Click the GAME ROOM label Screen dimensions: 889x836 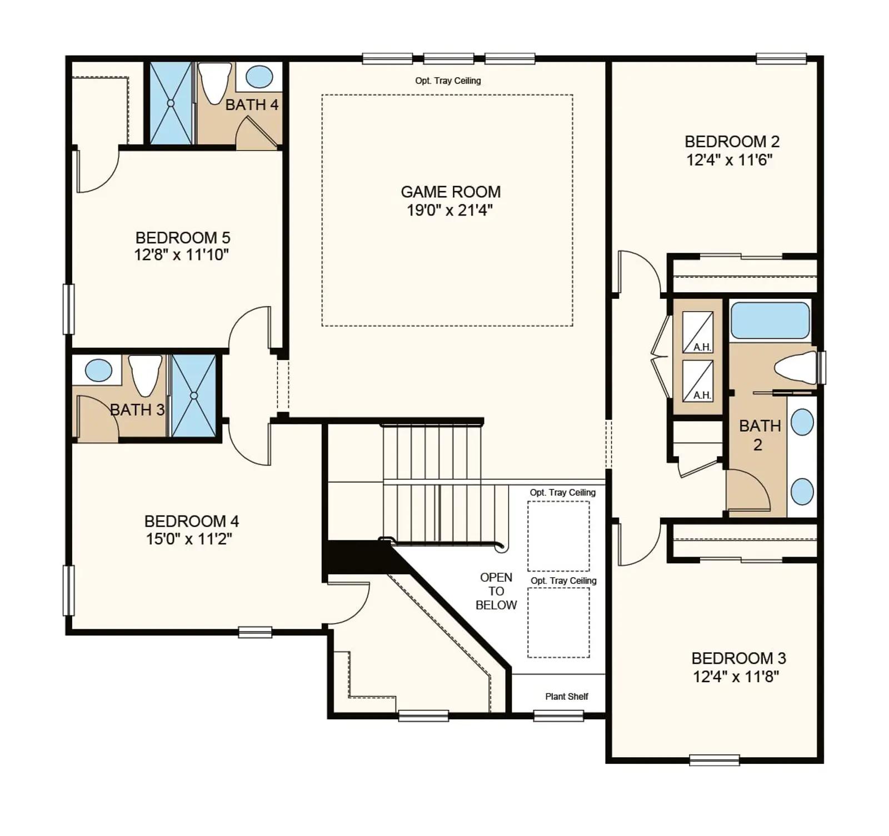click(451, 192)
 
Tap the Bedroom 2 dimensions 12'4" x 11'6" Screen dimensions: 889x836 click(730, 160)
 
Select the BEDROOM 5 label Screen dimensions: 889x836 click(183, 238)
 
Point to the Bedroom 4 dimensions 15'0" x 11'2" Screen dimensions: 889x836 click(189, 539)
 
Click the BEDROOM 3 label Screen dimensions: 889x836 click(738, 658)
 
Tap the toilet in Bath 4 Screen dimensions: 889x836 click(215, 83)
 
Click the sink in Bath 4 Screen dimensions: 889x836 click(259, 77)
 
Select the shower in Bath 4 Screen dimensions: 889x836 click(171, 103)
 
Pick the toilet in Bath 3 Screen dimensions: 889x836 click(145, 375)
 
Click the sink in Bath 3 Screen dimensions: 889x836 click(99, 370)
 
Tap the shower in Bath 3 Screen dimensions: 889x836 click(193, 396)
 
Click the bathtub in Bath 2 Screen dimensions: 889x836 click(770, 321)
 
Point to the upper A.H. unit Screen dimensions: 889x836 click(698, 332)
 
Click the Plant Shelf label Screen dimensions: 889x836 click(566, 697)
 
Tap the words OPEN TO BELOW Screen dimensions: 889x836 click(496, 591)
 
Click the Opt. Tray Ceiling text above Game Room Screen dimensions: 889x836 click(448, 81)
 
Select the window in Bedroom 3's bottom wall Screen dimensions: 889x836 click(714, 760)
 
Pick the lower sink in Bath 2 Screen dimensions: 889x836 click(802, 491)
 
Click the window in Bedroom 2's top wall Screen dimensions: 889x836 click(781, 58)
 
